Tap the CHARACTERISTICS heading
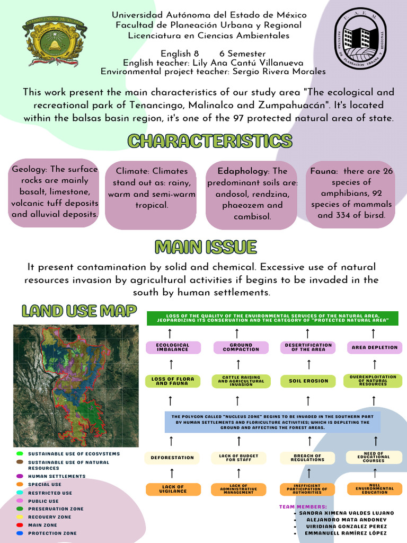tap(210, 141)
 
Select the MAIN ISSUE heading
tap(206, 247)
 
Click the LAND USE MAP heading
tap(79, 311)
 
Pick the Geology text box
tap(55, 192)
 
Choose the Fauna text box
tap(351, 193)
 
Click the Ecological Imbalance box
tap(173, 347)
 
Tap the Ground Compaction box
tap(241, 347)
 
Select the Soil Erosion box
tap(308, 381)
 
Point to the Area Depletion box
tap(374, 347)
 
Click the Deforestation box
tap(172, 458)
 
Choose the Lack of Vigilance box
tap(173, 489)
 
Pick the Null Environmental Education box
tap(374, 489)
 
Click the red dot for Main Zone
tap(20, 525)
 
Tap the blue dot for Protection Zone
tap(20, 533)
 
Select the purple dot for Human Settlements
tap(20, 476)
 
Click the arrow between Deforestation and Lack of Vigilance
tap(172, 473)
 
